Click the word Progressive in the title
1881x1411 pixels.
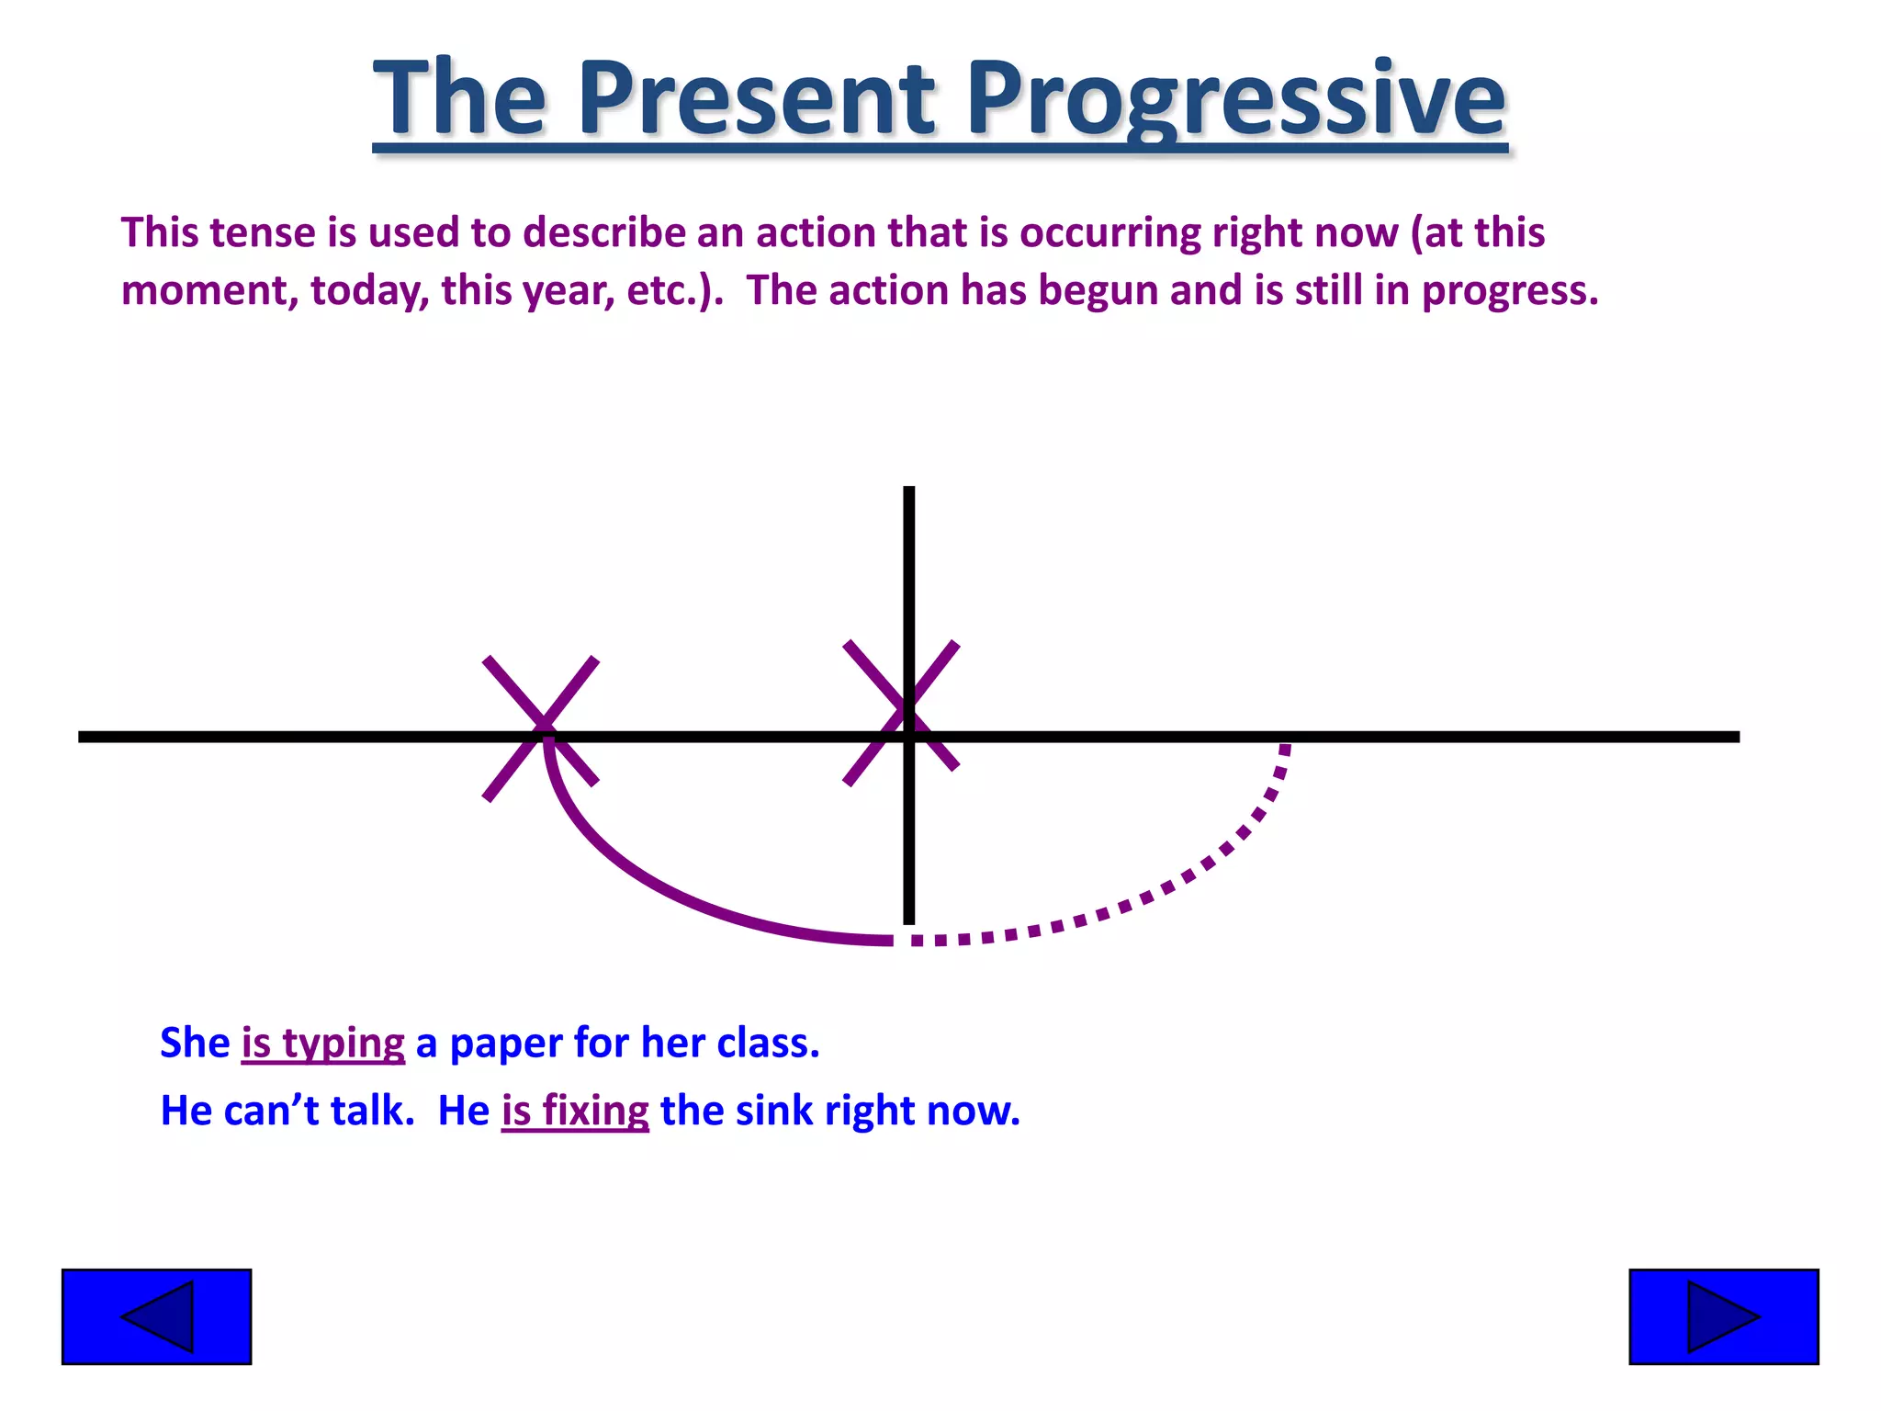(1235, 99)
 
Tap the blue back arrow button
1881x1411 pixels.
(156, 1316)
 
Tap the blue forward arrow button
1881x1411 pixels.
(1723, 1316)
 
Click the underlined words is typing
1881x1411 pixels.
(322, 1044)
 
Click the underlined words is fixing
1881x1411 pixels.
(575, 1111)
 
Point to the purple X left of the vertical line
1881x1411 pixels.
(541, 728)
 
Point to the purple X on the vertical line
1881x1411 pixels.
(901, 713)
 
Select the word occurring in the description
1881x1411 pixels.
(1109, 233)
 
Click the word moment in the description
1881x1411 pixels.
(208, 291)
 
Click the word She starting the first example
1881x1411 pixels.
(195, 1044)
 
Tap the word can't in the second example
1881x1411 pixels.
(271, 1111)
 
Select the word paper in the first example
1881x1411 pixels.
(505, 1044)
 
